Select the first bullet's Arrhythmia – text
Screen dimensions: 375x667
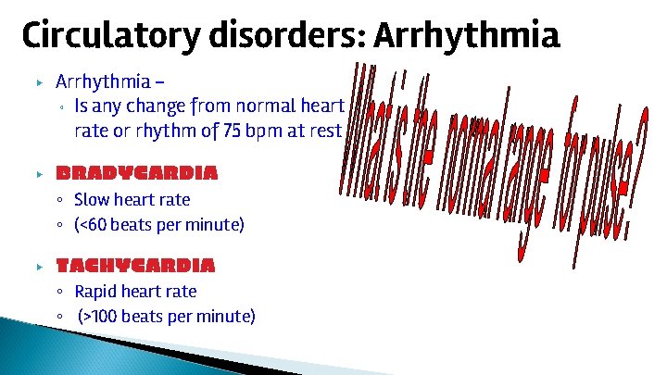pos(103,81)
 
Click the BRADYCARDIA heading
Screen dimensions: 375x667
pos(136,173)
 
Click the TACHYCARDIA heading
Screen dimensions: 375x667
pos(135,266)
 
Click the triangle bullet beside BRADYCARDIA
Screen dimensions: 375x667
pos(39,174)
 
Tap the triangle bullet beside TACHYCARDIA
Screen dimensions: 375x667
pos(39,267)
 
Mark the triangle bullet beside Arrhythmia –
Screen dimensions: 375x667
pos(39,82)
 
